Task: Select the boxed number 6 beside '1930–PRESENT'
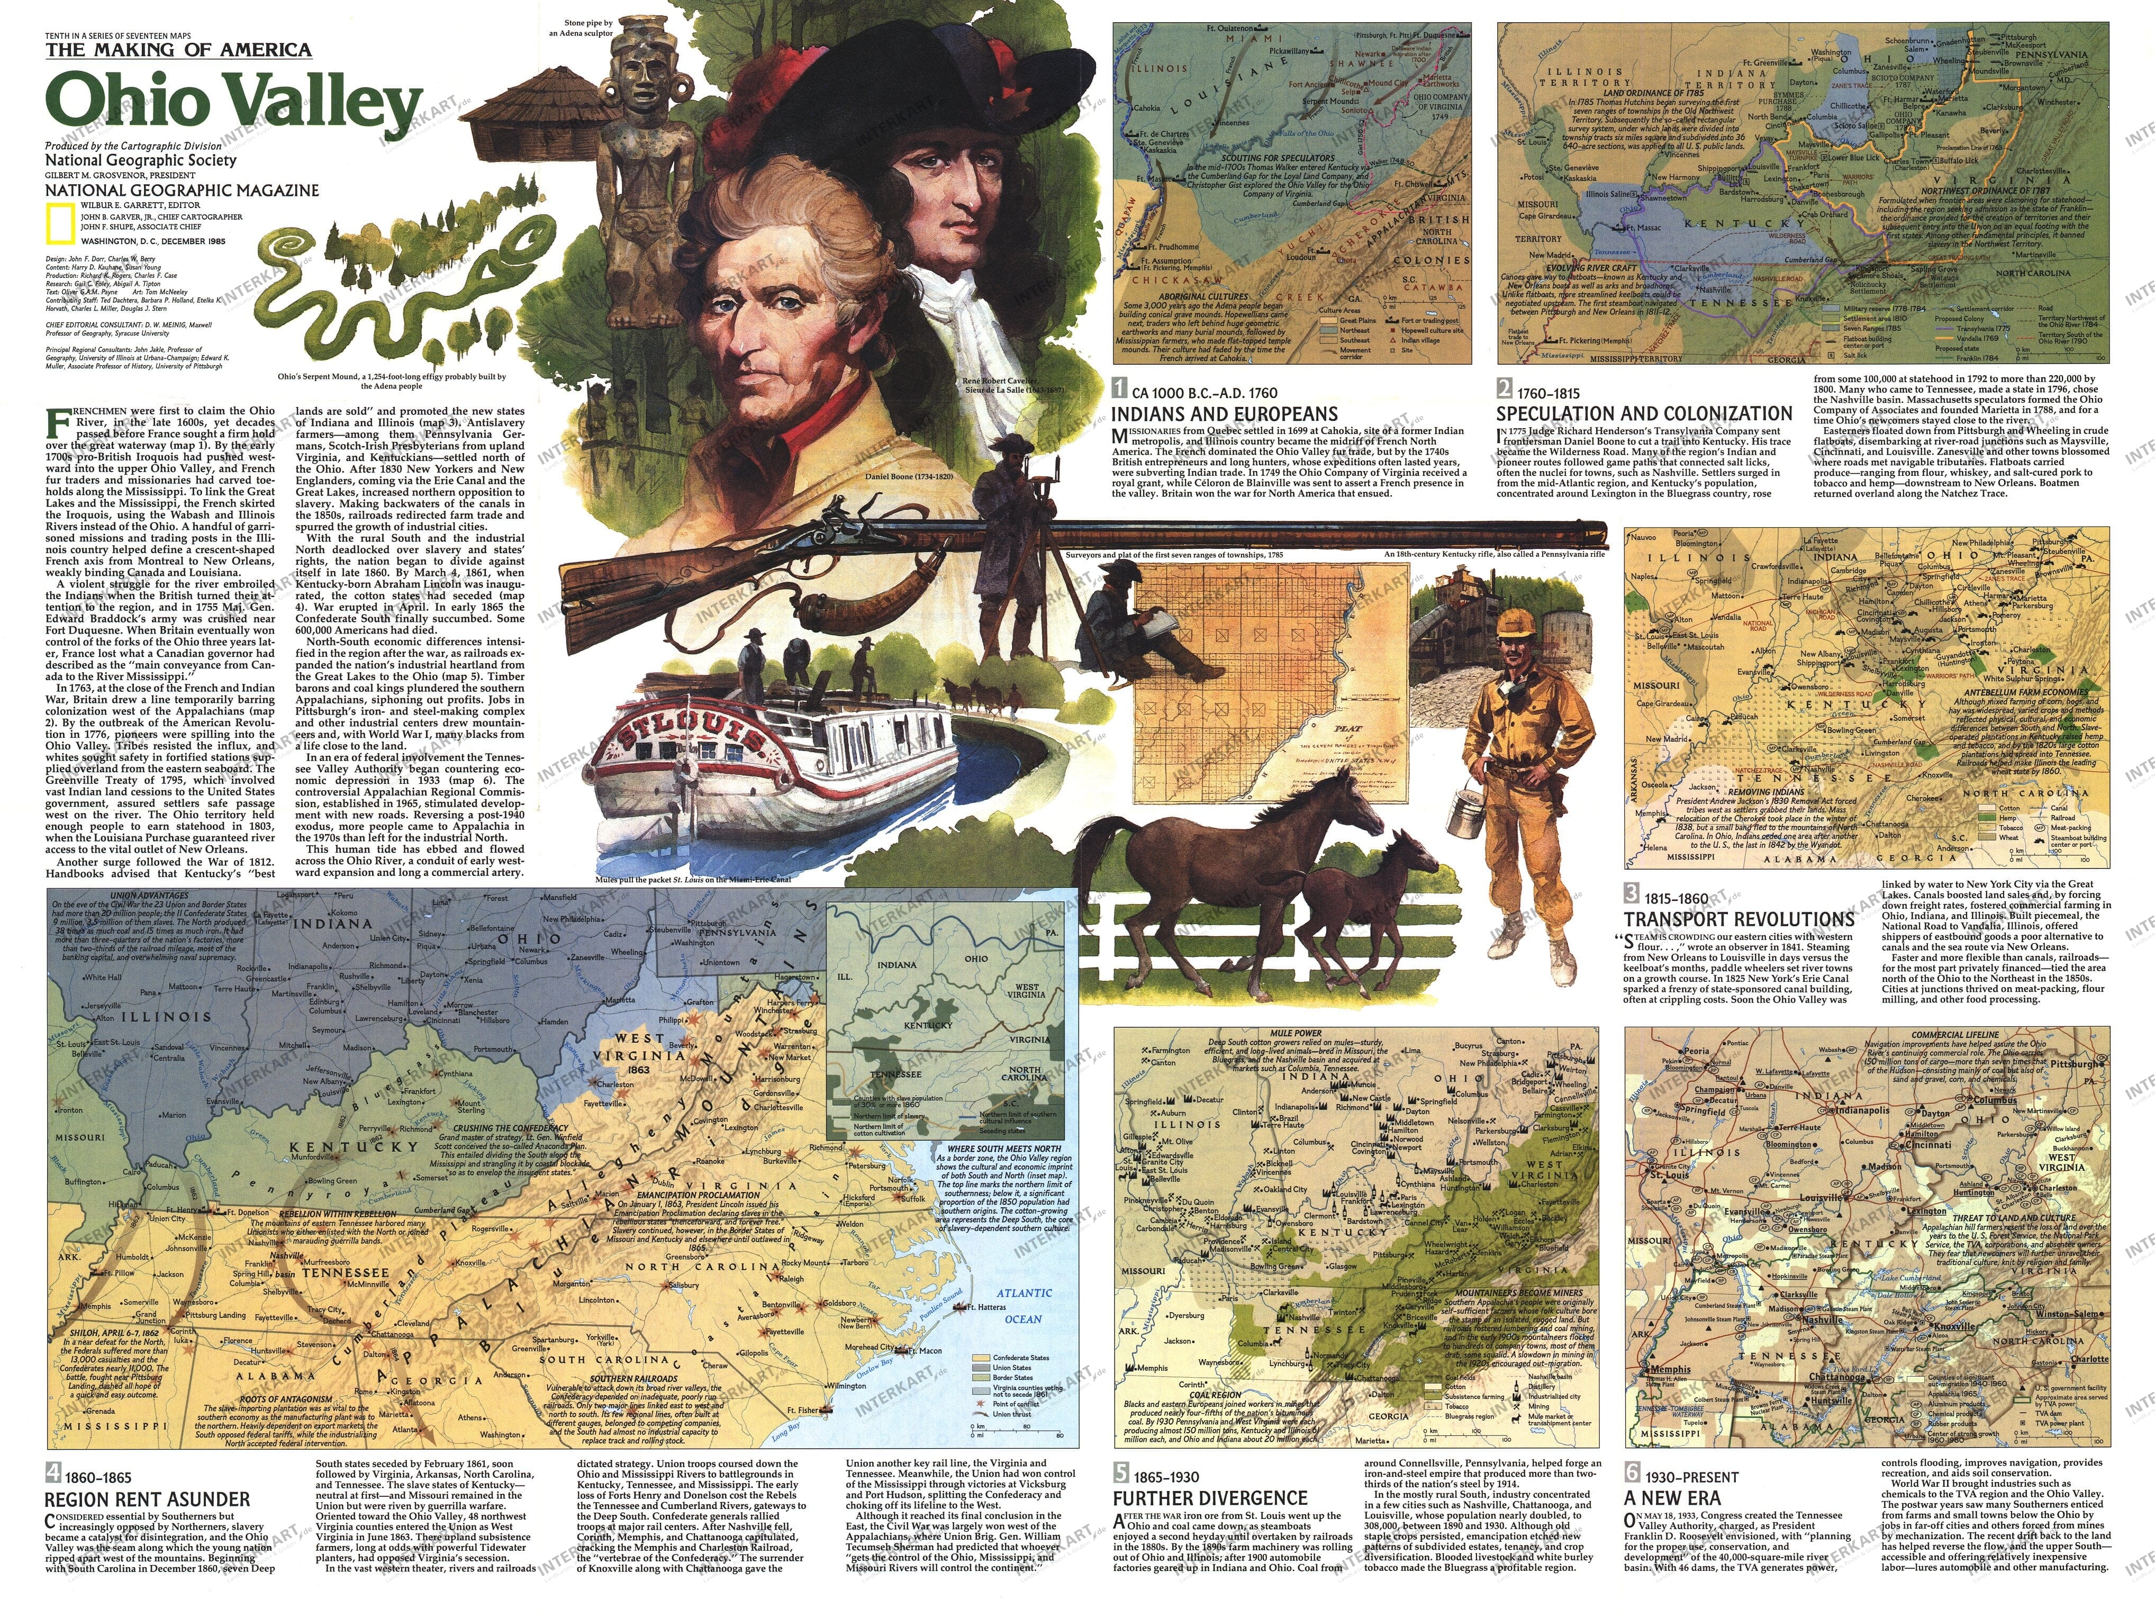[x=1631, y=1476]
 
